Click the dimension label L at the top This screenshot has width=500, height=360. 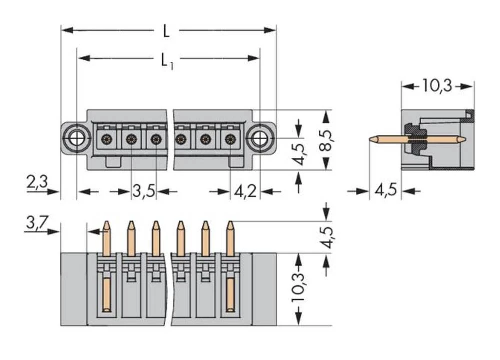click(x=166, y=31)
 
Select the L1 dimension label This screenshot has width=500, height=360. click(x=167, y=61)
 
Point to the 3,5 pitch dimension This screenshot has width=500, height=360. click(x=144, y=192)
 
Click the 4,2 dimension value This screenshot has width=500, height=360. click(x=245, y=192)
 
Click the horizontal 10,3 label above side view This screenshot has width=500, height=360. click(x=436, y=86)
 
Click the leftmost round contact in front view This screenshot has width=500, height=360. click(x=106, y=139)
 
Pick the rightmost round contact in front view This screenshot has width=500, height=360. click(x=230, y=139)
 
